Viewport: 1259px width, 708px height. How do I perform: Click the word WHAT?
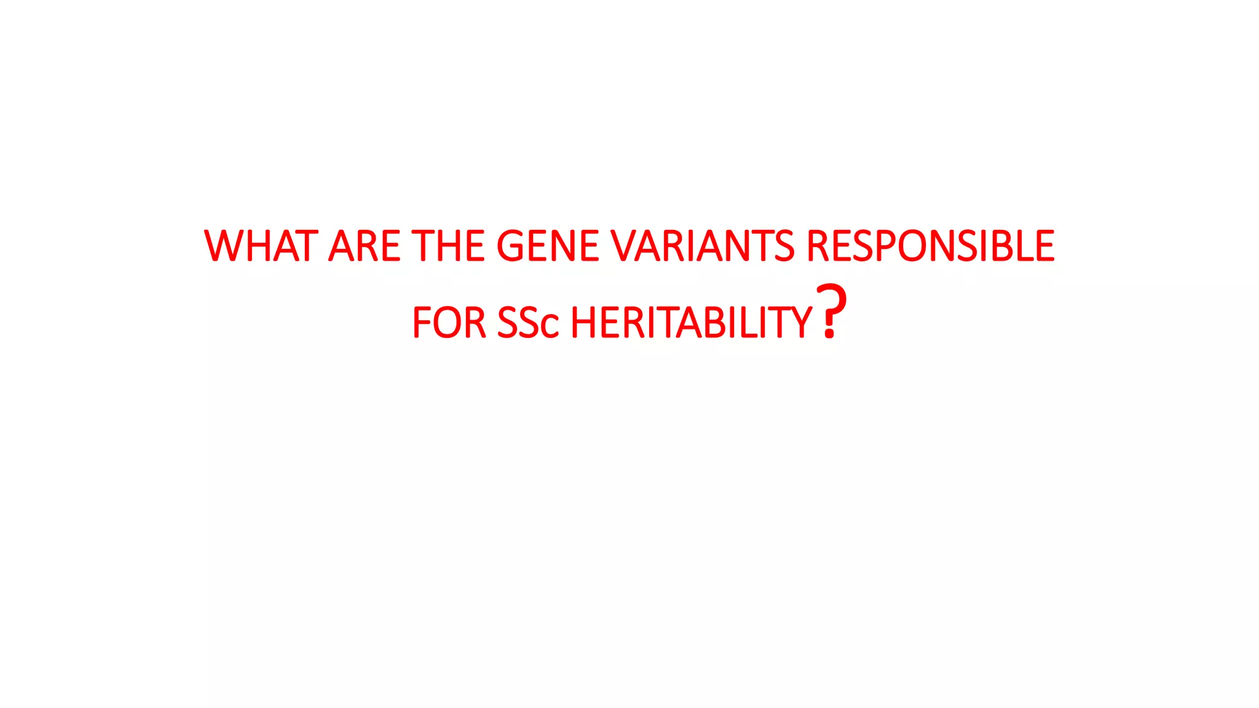pyautogui.click(x=261, y=246)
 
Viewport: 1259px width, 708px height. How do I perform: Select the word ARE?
pyautogui.click(x=365, y=246)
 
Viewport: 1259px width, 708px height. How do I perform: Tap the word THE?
pyautogui.click(x=448, y=246)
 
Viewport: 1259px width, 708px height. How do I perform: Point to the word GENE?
pyautogui.click(x=547, y=246)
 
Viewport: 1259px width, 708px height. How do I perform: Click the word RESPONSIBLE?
pyautogui.click(x=930, y=246)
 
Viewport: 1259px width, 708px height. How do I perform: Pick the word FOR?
pyautogui.click(x=449, y=323)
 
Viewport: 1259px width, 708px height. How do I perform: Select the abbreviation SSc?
pyautogui.click(x=527, y=323)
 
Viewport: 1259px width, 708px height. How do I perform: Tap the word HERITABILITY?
pyautogui.click(x=692, y=323)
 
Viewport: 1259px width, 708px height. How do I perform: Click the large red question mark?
pyautogui.click(x=831, y=311)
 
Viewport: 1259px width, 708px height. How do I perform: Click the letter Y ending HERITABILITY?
pyautogui.click(x=800, y=323)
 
